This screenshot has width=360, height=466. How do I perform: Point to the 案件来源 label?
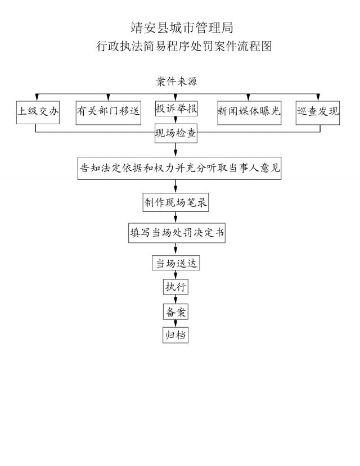click(176, 82)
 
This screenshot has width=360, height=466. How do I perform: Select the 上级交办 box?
click(38, 111)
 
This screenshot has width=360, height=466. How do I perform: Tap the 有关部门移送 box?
click(109, 111)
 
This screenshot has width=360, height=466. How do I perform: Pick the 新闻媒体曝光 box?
click(249, 111)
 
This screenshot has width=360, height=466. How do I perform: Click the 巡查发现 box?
click(318, 111)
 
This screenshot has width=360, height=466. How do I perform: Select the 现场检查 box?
click(176, 134)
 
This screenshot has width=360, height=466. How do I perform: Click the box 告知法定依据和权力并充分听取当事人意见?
click(179, 169)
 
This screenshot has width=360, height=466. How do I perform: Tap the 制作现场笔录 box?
click(176, 203)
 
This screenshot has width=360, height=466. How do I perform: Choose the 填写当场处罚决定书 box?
click(177, 233)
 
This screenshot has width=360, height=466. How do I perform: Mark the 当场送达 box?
click(176, 263)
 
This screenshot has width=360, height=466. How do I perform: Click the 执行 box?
click(175, 287)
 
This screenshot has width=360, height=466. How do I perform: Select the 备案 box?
click(175, 312)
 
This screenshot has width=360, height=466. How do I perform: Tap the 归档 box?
click(175, 335)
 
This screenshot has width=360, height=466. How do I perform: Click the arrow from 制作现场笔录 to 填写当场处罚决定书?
click(176, 219)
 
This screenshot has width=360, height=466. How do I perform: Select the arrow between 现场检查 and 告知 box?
click(176, 151)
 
